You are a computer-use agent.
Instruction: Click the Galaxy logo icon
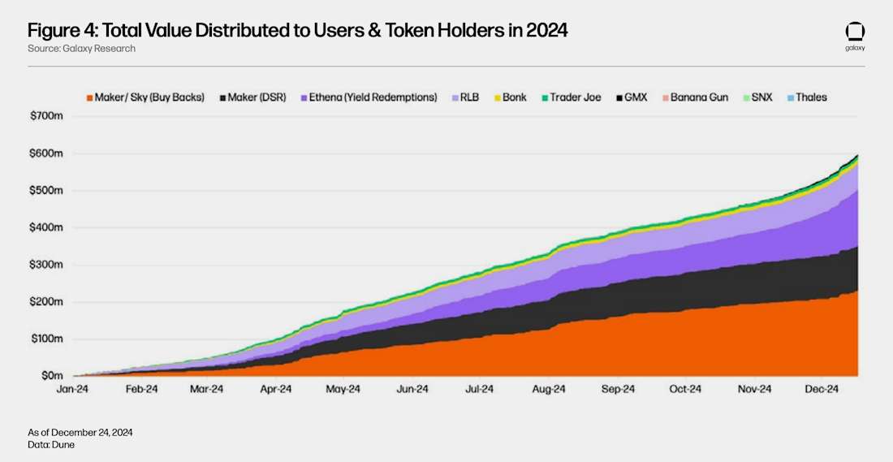pyautogui.click(x=855, y=32)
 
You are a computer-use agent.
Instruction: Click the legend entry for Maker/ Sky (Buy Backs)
pyautogui.click(x=145, y=97)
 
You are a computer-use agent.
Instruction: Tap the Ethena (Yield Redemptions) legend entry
pyautogui.click(x=369, y=97)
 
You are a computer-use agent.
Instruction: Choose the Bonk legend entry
pyautogui.click(x=509, y=97)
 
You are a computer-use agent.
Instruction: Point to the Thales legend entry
pyautogui.click(x=805, y=97)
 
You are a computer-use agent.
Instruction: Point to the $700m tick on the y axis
pyautogui.click(x=45, y=116)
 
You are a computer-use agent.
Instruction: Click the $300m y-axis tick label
pyautogui.click(x=45, y=265)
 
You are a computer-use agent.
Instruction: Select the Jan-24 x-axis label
pyautogui.click(x=73, y=389)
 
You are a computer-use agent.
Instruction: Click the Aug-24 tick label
pyautogui.click(x=549, y=389)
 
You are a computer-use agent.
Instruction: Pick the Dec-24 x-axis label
pyautogui.click(x=822, y=389)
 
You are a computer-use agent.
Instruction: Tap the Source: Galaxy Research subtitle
pyautogui.click(x=81, y=49)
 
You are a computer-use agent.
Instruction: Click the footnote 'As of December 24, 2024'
pyautogui.click(x=80, y=433)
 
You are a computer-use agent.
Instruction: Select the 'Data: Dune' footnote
pyautogui.click(x=51, y=445)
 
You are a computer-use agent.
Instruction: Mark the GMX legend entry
pyautogui.click(x=630, y=97)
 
